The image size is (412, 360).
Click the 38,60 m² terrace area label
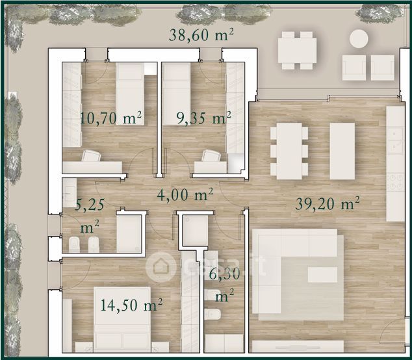[201, 35]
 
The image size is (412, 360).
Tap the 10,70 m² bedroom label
[110, 118]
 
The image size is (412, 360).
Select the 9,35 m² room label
[203, 118]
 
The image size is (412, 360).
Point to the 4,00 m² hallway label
[185, 195]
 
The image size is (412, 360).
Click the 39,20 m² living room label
[327, 203]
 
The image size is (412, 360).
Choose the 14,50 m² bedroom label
[131, 305]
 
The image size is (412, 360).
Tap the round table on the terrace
[359, 38]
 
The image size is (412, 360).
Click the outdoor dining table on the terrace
[297, 51]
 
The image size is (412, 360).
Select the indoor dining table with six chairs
[289, 151]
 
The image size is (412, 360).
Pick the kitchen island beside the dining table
[342, 151]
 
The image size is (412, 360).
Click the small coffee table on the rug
[322, 275]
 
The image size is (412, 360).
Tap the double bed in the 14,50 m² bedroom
[122, 320]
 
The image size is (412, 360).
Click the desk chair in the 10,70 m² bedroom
[91, 155]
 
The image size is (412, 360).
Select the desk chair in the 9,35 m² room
[211, 155]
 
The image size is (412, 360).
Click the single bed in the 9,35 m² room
[176, 94]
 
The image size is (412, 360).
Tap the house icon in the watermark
[161, 267]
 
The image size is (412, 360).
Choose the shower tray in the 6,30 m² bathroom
[195, 231]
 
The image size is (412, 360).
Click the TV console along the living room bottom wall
[298, 346]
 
